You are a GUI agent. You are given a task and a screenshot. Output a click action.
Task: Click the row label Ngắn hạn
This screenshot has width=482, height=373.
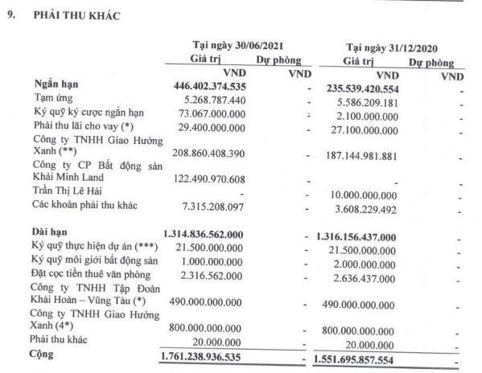tap(56, 84)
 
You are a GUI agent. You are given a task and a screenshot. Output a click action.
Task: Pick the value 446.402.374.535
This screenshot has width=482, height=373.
tap(221, 85)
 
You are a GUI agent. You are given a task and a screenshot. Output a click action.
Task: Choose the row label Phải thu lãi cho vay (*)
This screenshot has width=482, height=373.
tap(82, 126)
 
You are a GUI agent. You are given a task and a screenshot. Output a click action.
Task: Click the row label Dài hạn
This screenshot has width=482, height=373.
tap(51, 232)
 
